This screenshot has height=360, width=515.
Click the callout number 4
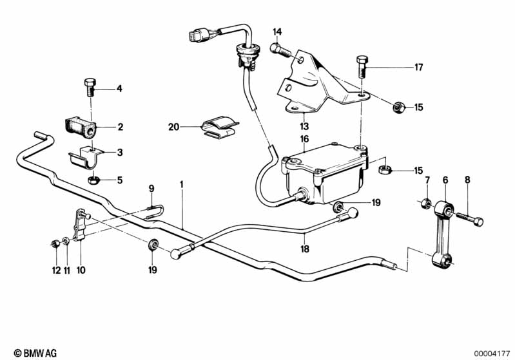click(x=119, y=89)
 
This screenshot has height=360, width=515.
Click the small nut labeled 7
click(x=425, y=204)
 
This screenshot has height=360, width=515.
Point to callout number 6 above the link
click(x=445, y=180)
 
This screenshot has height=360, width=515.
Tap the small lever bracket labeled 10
click(x=81, y=225)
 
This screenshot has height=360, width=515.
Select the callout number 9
click(x=152, y=189)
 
